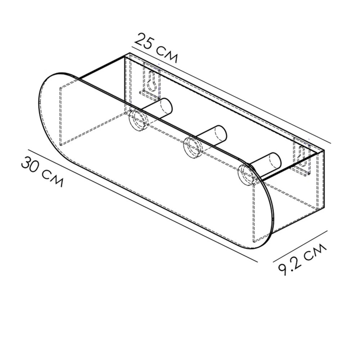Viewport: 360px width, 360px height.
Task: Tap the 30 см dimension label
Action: tap(42, 171)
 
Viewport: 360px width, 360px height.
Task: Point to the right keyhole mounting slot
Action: tap(301, 156)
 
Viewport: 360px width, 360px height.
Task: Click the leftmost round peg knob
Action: tap(138, 120)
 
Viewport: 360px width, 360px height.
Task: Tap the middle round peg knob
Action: tap(193, 147)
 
